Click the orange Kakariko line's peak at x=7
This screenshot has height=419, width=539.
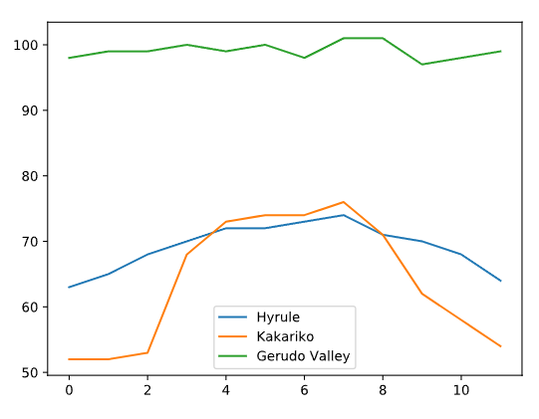(343, 202)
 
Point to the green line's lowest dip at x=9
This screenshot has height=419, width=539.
(421, 65)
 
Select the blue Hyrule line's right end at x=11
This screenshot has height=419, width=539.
(500, 281)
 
